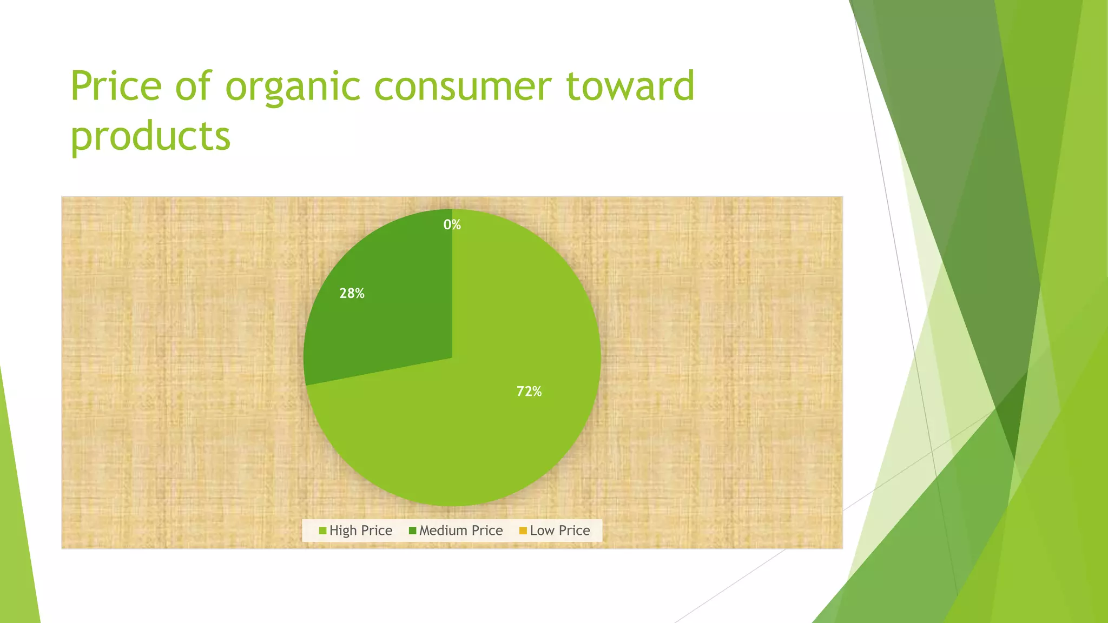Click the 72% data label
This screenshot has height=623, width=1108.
click(529, 392)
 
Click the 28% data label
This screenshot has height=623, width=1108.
click(352, 294)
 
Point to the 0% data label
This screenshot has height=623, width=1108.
click(452, 224)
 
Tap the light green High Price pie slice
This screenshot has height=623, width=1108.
click(487, 433)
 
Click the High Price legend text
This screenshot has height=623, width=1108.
click(360, 531)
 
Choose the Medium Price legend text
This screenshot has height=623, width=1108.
click(460, 531)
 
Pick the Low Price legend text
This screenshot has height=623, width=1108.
click(559, 531)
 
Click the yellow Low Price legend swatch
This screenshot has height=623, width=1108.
click(523, 531)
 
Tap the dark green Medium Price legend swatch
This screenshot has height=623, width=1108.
click(412, 531)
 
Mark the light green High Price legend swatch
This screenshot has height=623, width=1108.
click(322, 531)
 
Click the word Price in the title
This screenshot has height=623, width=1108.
click(116, 87)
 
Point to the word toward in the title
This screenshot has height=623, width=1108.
click(630, 87)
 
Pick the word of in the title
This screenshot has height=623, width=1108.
click(193, 87)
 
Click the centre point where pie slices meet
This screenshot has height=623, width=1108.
click(452, 357)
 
